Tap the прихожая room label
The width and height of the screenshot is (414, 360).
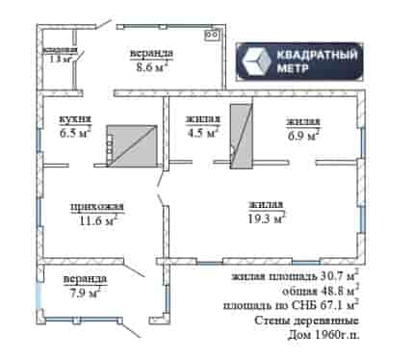coord(97,207)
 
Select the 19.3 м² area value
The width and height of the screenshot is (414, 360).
coord(267,219)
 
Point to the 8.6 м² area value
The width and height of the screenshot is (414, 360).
coord(150,67)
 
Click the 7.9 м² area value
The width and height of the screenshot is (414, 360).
coord(84,293)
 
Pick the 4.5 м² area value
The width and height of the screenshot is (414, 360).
coord(203,133)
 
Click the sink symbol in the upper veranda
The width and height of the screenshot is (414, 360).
coord(212,35)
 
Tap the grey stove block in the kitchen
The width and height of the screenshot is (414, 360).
coord(132,146)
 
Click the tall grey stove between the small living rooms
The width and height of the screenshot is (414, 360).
coord(242,136)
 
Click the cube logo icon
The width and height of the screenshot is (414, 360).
coord(257,61)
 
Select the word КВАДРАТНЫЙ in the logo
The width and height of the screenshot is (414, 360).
coord(317,54)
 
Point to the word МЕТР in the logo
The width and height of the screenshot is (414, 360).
coord(293,68)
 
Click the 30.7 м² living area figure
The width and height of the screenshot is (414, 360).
coord(339,275)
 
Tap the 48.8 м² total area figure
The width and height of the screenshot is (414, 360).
coord(339,291)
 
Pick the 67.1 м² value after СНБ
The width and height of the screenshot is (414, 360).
coord(339,305)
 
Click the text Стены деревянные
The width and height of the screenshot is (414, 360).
coord(306,320)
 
